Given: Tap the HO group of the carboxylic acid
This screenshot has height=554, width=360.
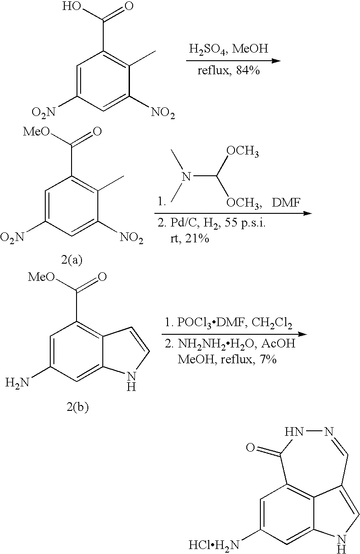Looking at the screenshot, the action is point(72,7).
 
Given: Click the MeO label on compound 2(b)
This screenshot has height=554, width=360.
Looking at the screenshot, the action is point(41,277).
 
